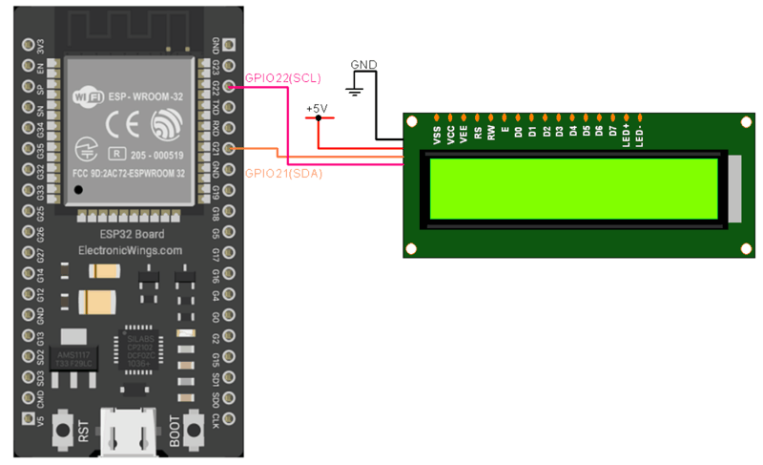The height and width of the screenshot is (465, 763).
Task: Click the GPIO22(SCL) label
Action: (x=283, y=77)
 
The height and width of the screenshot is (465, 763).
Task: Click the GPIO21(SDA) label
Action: (x=283, y=173)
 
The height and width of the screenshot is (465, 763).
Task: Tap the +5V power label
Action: (x=317, y=108)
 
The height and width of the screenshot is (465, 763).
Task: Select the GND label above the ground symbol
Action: (x=363, y=65)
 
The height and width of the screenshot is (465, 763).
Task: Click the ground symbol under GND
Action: (x=355, y=90)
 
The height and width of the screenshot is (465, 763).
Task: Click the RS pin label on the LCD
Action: (x=477, y=135)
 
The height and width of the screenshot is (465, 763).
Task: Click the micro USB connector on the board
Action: (x=130, y=434)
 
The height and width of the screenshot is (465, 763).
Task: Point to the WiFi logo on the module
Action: (x=90, y=95)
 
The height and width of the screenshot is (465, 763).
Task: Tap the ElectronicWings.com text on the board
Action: (x=130, y=250)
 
